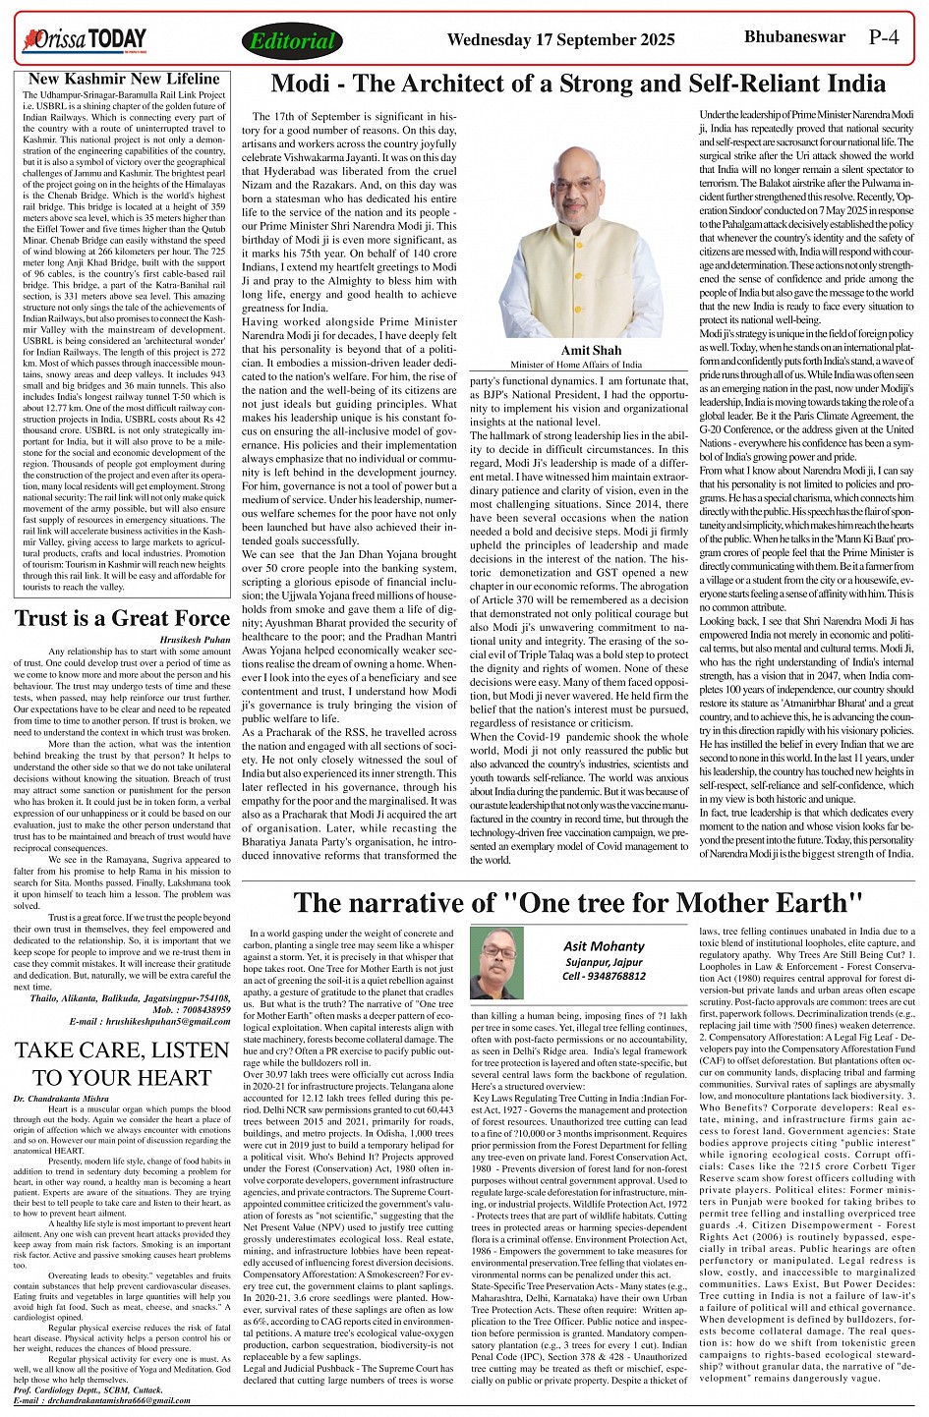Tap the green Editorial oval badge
(292, 41)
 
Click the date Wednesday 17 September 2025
(560, 40)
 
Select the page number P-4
(891, 38)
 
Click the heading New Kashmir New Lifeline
(124, 79)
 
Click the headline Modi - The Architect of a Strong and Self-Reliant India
(577, 85)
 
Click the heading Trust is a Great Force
(122, 618)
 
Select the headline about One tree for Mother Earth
(577, 902)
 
